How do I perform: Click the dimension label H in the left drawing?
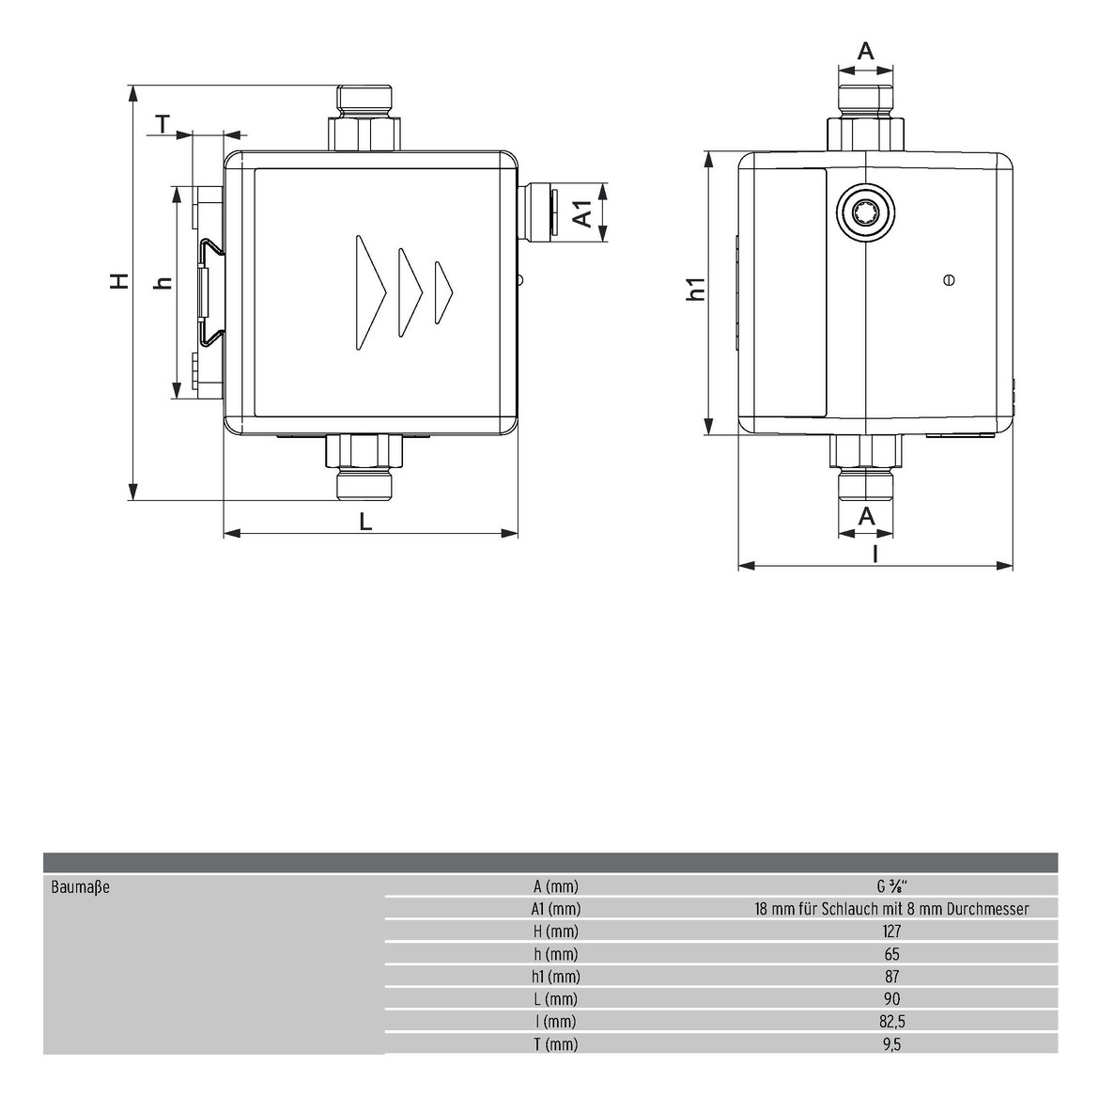pos(120,280)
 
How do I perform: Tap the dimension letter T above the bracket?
pos(163,124)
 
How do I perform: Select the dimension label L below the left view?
pos(366,521)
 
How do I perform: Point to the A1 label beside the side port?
pos(583,213)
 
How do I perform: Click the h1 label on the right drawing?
pos(696,289)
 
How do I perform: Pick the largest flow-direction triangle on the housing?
pos(371,291)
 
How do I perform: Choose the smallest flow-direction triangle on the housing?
pos(443,292)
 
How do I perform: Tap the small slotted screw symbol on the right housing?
pos(950,280)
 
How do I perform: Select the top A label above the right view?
pos(867,51)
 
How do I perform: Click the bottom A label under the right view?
pos(867,516)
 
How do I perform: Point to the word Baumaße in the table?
pos(81,887)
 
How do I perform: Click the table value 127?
pos(891,932)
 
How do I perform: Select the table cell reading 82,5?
pos(892,1021)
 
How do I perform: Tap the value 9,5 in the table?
pos(892,1044)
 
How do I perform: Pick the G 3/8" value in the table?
pos(891,886)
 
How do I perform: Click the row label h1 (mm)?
pos(556,977)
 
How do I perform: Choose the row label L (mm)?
pos(556,999)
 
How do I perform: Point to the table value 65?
pos(891,954)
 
